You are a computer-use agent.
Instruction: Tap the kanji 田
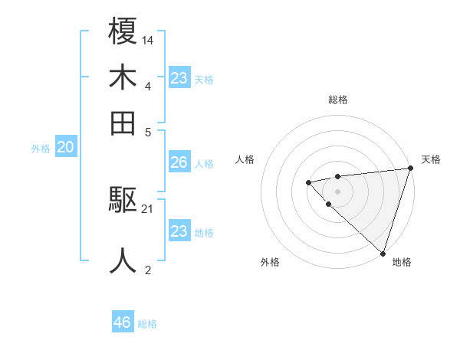(x=123, y=123)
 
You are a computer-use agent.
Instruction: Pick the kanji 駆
(x=123, y=201)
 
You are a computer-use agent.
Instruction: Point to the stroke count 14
(x=148, y=39)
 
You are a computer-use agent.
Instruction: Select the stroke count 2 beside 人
(x=148, y=269)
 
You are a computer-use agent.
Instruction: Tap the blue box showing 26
(x=179, y=162)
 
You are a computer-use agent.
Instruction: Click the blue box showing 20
(x=65, y=149)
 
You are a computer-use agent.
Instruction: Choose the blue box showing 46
(x=123, y=322)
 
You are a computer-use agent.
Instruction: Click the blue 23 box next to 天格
(x=179, y=78)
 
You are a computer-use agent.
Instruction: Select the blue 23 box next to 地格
(x=179, y=231)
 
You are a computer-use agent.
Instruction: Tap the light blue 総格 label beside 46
(x=147, y=324)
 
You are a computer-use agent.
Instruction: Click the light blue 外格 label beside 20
(x=41, y=149)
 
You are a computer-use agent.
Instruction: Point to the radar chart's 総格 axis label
(x=337, y=100)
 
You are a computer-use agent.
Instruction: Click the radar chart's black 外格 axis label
(x=270, y=262)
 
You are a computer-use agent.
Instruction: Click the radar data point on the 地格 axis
(x=383, y=253)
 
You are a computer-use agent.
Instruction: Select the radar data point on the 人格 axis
(x=308, y=182)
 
